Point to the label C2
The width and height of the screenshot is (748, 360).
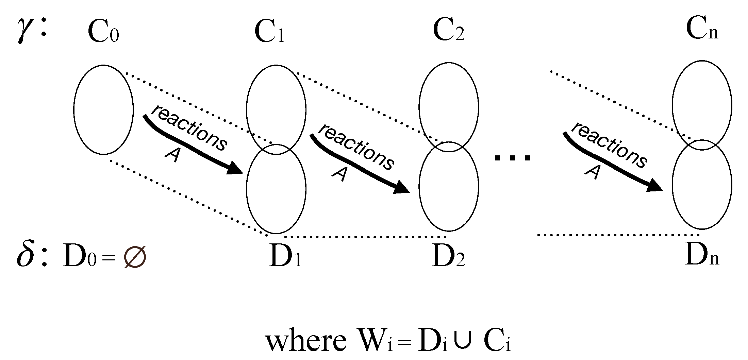pos(448,31)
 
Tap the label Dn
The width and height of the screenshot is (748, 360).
pos(702,256)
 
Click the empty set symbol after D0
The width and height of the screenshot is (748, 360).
pos(135,257)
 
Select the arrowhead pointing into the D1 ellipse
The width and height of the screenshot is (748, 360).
pos(235,169)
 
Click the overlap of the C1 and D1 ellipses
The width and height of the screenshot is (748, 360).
pos(276,149)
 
